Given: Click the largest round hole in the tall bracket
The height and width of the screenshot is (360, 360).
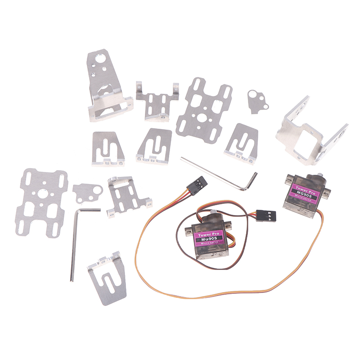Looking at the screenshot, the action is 101,59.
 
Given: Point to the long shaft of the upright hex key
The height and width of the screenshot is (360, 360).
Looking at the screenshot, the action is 73,246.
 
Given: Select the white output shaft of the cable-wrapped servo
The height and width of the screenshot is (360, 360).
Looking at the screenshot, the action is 213,213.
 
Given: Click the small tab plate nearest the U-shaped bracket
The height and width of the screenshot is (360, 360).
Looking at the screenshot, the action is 257,101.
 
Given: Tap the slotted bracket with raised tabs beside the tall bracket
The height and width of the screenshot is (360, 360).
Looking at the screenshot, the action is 157,101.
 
